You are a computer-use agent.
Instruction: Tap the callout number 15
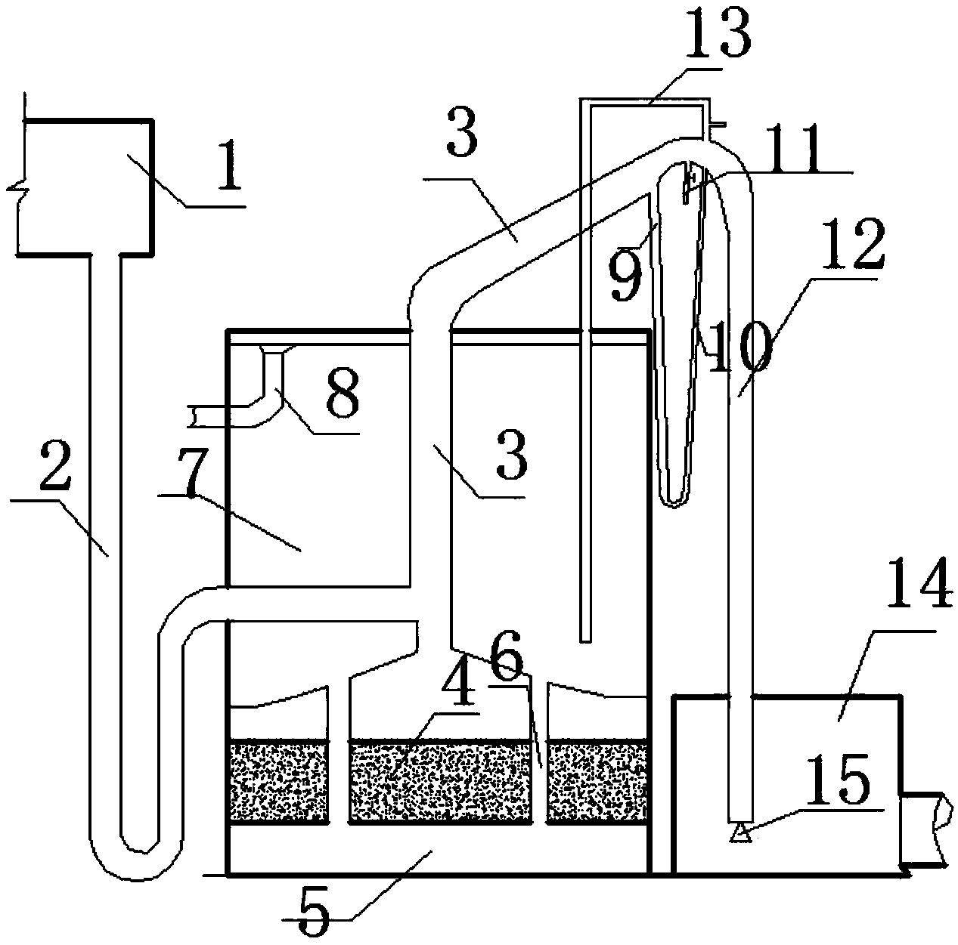[x=845, y=780]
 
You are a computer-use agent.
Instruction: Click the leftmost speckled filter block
[x=280, y=781]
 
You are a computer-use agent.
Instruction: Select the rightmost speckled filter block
[x=597, y=781]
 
